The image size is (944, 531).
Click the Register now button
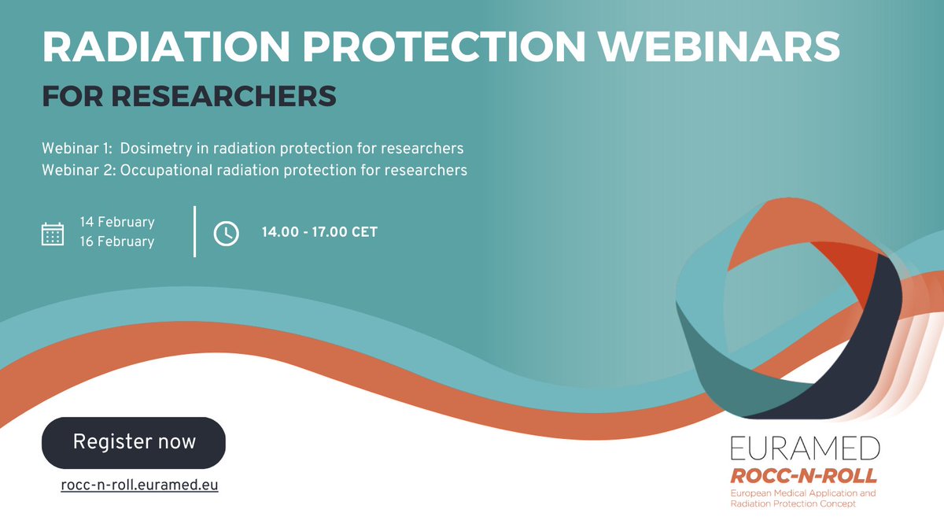click(134, 442)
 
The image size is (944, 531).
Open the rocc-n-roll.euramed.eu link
click(139, 485)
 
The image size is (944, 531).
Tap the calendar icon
click(53, 234)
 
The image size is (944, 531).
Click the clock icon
click(227, 233)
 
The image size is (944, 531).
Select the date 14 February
click(117, 222)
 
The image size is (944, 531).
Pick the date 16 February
click(117, 242)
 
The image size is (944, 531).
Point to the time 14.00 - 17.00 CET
click(319, 233)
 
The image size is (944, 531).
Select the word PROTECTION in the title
click(446, 48)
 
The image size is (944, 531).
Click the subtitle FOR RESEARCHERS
click(189, 96)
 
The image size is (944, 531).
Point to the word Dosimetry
click(154, 148)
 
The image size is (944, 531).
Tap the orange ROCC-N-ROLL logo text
click(802, 475)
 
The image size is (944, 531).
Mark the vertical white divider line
click(194, 231)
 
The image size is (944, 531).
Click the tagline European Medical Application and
click(802, 492)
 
